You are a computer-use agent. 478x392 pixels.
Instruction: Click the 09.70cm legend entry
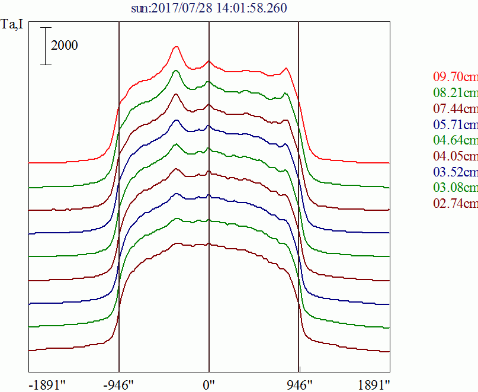(455, 76)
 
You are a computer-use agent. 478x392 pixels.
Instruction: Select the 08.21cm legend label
(455, 92)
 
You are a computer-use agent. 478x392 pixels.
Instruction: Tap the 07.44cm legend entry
(455, 108)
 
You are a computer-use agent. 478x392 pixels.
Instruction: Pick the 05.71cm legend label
(455, 124)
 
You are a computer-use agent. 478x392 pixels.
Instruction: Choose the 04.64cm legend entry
(455, 140)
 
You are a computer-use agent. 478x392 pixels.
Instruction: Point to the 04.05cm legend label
(455, 156)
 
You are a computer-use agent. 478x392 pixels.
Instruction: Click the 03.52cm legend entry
(455, 172)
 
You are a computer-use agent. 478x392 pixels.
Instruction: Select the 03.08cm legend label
(455, 187)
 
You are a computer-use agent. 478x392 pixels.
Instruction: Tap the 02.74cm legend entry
(455, 203)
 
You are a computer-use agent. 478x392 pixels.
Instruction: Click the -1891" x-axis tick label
(47, 385)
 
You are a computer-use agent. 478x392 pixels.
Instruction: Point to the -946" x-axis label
(118, 385)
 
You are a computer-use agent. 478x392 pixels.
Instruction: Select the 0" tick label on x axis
(209, 385)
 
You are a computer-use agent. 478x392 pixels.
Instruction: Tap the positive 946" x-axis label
(299, 385)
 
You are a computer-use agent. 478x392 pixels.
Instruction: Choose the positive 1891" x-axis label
(374, 385)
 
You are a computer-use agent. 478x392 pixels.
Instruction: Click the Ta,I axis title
(12, 24)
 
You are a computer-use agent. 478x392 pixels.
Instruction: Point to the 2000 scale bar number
(65, 46)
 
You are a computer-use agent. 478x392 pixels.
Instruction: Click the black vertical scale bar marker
(46, 46)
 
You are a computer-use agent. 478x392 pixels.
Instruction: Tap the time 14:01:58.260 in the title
(252, 8)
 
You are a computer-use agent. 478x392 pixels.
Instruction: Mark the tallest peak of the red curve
(176, 47)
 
